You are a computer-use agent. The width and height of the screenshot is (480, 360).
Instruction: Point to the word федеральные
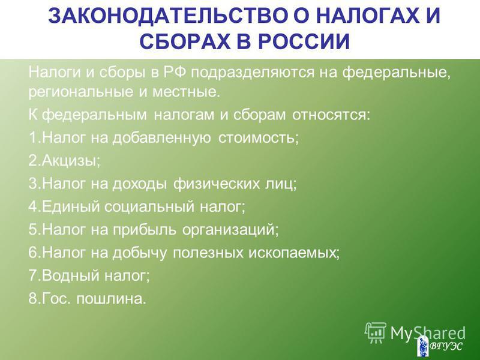[x=396, y=73]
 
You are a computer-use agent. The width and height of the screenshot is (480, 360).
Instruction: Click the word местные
[x=186, y=92]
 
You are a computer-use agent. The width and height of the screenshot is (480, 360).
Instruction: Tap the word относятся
[x=331, y=115]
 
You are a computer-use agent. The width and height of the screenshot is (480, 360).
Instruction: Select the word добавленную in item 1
[x=161, y=138]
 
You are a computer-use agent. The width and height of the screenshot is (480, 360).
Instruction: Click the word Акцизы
[x=71, y=161]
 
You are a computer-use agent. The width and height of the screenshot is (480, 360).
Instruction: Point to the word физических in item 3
[x=217, y=184]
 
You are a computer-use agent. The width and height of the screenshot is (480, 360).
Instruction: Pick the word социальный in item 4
[x=149, y=206]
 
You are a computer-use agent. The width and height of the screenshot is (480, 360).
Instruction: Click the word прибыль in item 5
[x=145, y=230]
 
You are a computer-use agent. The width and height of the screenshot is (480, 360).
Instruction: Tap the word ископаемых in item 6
[x=293, y=253]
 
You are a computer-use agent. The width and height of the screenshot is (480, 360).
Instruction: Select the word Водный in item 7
[x=71, y=275]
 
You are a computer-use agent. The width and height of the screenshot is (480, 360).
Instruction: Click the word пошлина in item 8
[x=111, y=299]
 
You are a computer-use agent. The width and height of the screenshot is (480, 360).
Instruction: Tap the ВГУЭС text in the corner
[x=446, y=346]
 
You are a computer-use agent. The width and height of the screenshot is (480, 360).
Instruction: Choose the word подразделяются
[x=253, y=73]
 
